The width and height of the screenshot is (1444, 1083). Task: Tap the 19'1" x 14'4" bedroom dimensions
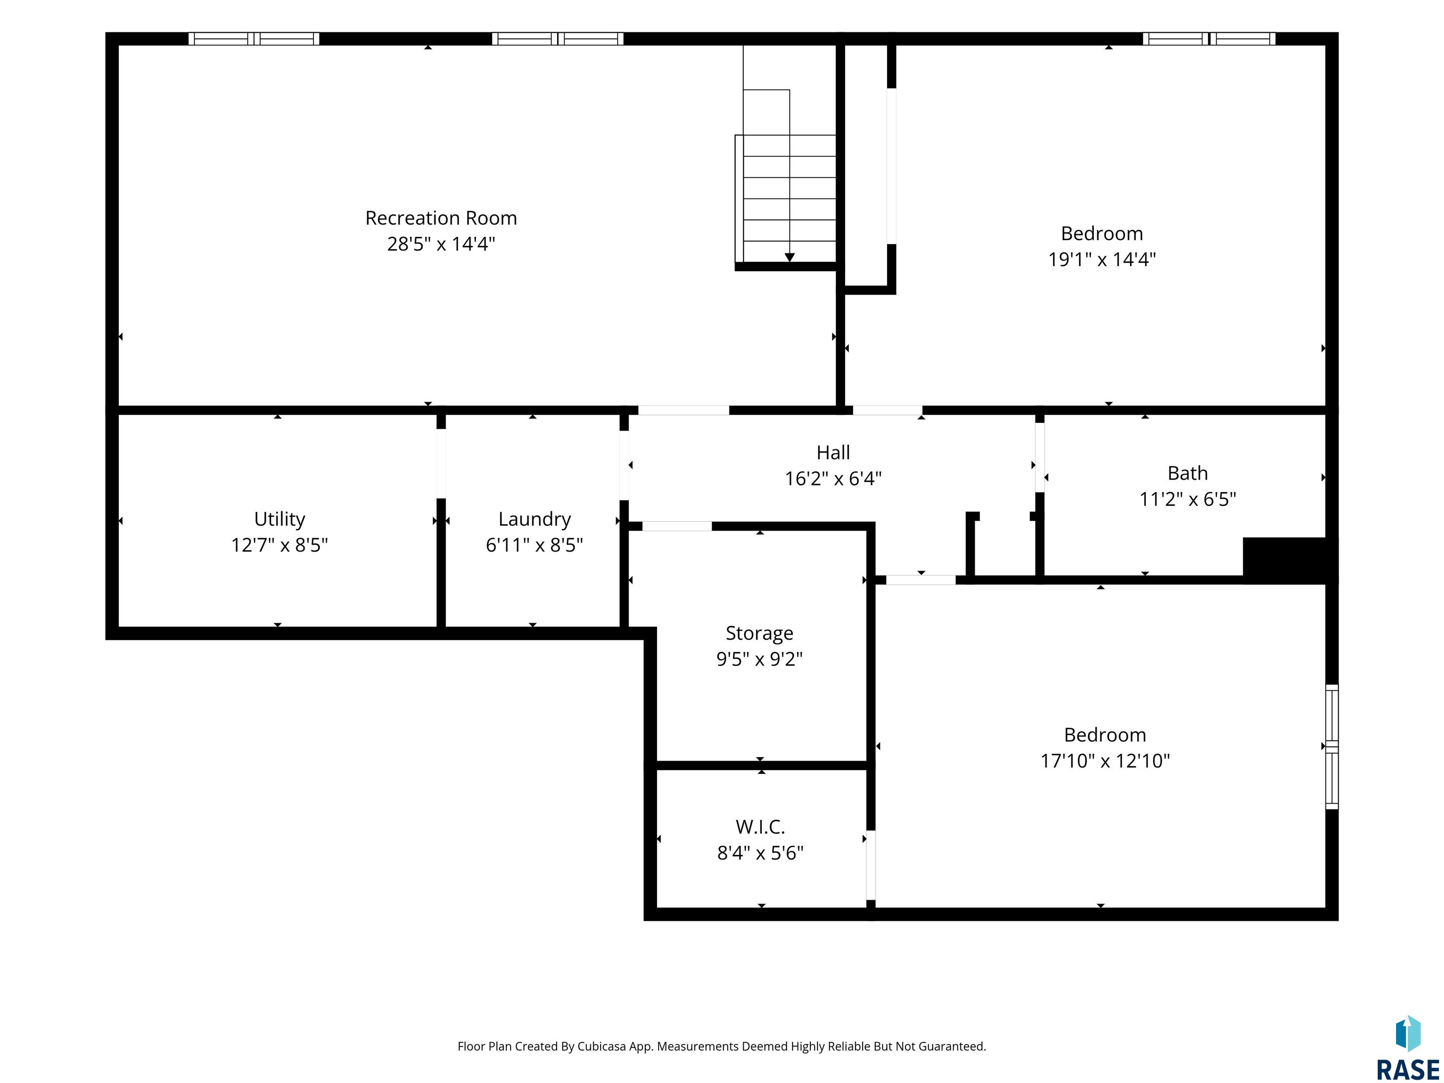point(1102,259)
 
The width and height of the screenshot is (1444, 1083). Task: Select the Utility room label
point(279,519)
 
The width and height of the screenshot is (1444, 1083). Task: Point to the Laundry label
point(534,519)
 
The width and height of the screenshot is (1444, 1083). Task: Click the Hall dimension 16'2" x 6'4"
point(833,479)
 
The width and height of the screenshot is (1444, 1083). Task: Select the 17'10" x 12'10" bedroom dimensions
point(1105,761)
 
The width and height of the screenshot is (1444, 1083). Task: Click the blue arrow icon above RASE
point(1408,1033)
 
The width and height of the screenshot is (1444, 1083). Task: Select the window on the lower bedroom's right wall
point(1332,747)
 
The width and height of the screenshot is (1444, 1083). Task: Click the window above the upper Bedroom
point(1209,39)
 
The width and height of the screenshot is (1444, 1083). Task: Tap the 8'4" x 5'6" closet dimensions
point(760,853)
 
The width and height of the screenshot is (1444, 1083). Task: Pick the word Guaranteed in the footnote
point(952,1046)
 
